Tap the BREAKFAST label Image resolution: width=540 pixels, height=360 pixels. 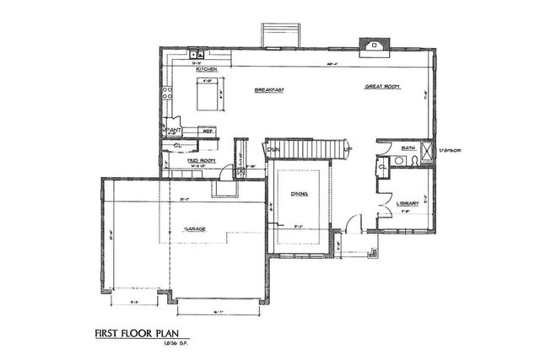268,89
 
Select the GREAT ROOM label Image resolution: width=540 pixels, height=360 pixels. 381,87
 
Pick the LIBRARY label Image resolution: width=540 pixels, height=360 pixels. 408,202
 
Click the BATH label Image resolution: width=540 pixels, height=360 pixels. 408,148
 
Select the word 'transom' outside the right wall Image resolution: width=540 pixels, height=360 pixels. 451,150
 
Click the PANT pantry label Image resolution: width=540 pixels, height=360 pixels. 174,130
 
